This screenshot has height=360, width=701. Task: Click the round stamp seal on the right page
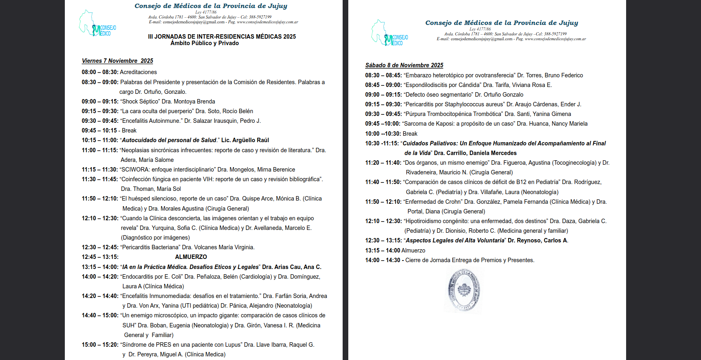click(x=464, y=290)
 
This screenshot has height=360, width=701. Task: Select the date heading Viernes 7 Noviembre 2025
click(x=117, y=61)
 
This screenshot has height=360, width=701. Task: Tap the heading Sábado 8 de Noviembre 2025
click(x=404, y=65)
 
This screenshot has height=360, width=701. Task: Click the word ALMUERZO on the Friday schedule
click(x=191, y=257)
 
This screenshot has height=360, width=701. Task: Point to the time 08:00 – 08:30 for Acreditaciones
click(x=99, y=72)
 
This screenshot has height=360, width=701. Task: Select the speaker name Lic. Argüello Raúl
click(x=245, y=140)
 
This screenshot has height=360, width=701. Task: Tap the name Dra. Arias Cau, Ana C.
click(x=292, y=267)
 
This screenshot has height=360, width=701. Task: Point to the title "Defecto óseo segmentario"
click(x=438, y=95)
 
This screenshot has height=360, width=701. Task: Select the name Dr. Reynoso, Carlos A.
click(x=538, y=240)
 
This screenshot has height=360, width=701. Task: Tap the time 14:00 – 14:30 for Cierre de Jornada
click(x=383, y=260)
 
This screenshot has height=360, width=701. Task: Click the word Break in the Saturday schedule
click(x=410, y=134)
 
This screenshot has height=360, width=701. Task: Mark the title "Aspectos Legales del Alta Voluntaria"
click(x=455, y=240)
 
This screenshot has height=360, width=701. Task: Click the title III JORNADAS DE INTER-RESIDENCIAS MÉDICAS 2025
click(x=222, y=37)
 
